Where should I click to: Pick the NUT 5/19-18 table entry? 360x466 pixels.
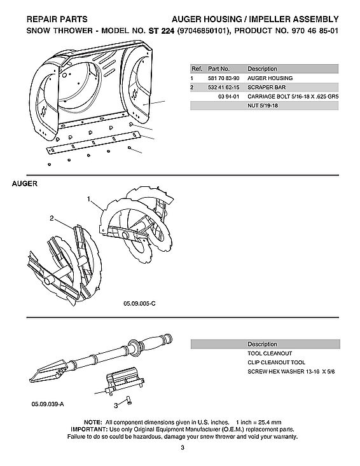263,106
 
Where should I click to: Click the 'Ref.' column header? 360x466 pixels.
197,68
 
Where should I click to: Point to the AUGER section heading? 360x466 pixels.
25,184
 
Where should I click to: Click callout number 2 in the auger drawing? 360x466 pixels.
52,219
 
